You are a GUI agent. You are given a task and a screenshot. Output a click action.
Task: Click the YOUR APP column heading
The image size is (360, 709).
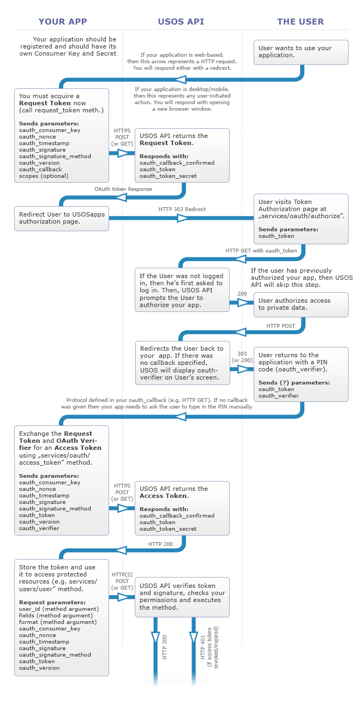pyautogui.click(x=63, y=22)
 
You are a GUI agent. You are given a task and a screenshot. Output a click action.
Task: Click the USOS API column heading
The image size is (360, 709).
pyautogui.click(x=181, y=22)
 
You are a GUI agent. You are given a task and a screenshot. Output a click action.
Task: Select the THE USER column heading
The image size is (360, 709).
pyautogui.click(x=301, y=22)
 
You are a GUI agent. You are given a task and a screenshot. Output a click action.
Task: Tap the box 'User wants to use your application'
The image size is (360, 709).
pyautogui.click(x=301, y=52)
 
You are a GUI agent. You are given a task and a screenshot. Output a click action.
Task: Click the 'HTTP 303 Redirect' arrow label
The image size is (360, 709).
pyautogui.click(x=182, y=209)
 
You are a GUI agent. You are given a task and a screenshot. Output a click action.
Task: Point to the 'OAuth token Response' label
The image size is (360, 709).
pyautogui.click(x=123, y=189)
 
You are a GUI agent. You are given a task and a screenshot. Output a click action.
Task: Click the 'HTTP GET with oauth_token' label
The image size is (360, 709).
pyautogui.click(x=261, y=251)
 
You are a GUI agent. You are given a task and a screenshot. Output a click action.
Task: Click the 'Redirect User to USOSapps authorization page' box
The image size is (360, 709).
pyautogui.click(x=61, y=218)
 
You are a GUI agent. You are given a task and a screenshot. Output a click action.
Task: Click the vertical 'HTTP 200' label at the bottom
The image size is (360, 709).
pyautogui.click(x=165, y=647)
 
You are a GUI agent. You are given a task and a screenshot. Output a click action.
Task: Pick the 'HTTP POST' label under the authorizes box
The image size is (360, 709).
pyautogui.click(x=280, y=326)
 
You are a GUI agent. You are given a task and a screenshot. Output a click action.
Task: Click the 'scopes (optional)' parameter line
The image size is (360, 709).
pyautogui.click(x=44, y=176)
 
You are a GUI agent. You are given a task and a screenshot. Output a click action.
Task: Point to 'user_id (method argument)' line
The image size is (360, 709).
pyautogui.click(x=59, y=609)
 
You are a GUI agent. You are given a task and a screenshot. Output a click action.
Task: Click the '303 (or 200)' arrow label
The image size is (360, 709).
pyautogui.click(x=242, y=357)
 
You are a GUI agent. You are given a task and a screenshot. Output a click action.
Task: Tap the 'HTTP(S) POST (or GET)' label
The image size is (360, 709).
pyautogui.click(x=122, y=581)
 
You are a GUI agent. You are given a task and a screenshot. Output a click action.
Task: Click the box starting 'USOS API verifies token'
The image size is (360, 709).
pyautogui.click(x=182, y=597)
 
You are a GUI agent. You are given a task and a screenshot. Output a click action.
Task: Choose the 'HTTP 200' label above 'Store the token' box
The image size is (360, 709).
pyautogui.click(x=160, y=544)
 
